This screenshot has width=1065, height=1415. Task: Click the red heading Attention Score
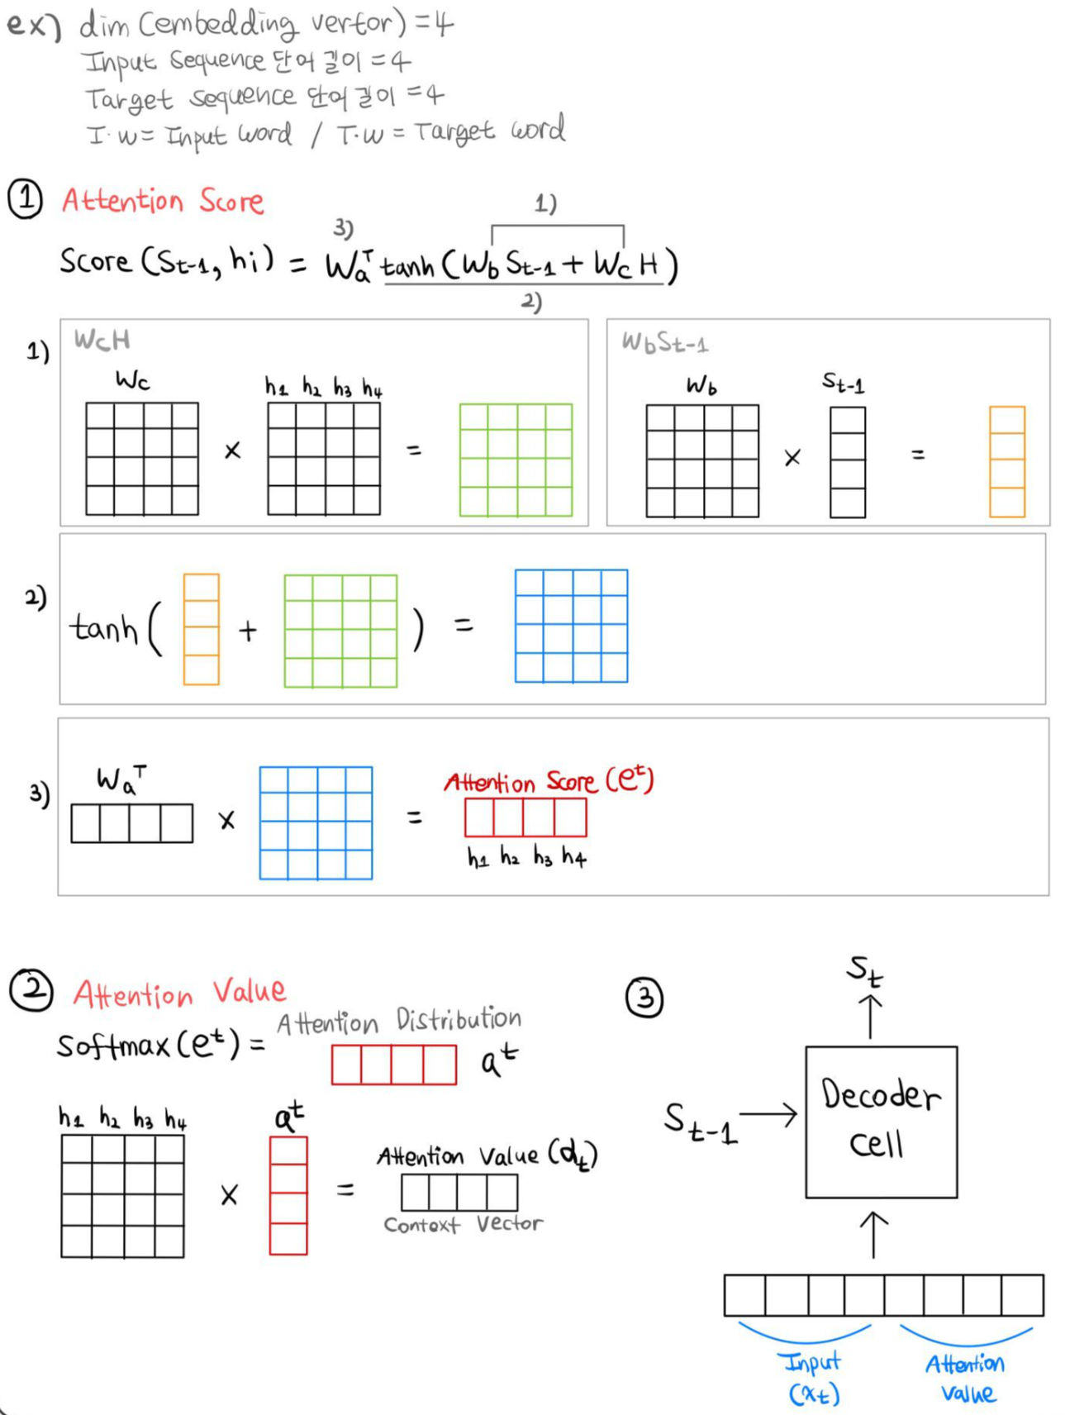[163, 201]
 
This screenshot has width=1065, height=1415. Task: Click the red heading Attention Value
[179, 992]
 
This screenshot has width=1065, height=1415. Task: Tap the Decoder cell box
[881, 1122]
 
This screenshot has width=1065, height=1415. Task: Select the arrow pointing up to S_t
[870, 1016]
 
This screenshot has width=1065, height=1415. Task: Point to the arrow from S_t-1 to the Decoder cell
[768, 1115]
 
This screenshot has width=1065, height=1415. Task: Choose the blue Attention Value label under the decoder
[966, 1378]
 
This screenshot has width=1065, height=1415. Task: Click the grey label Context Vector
[463, 1224]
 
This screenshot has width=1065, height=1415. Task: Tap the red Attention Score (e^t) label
[549, 780]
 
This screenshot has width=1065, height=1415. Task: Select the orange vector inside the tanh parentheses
[201, 629]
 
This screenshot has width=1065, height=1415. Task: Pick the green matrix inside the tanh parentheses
[340, 631]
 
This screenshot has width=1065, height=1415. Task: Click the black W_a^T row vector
[132, 823]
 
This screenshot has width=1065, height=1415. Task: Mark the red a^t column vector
[288, 1195]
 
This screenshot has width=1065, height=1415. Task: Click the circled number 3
[644, 998]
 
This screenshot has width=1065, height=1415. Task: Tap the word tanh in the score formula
[407, 266]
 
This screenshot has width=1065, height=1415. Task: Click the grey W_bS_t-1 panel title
[664, 342]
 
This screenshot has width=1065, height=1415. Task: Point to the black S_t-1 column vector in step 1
[848, 461]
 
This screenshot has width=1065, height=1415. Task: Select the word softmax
[113, 1046]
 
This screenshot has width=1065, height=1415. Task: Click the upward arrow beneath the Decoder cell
[874, 1235]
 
